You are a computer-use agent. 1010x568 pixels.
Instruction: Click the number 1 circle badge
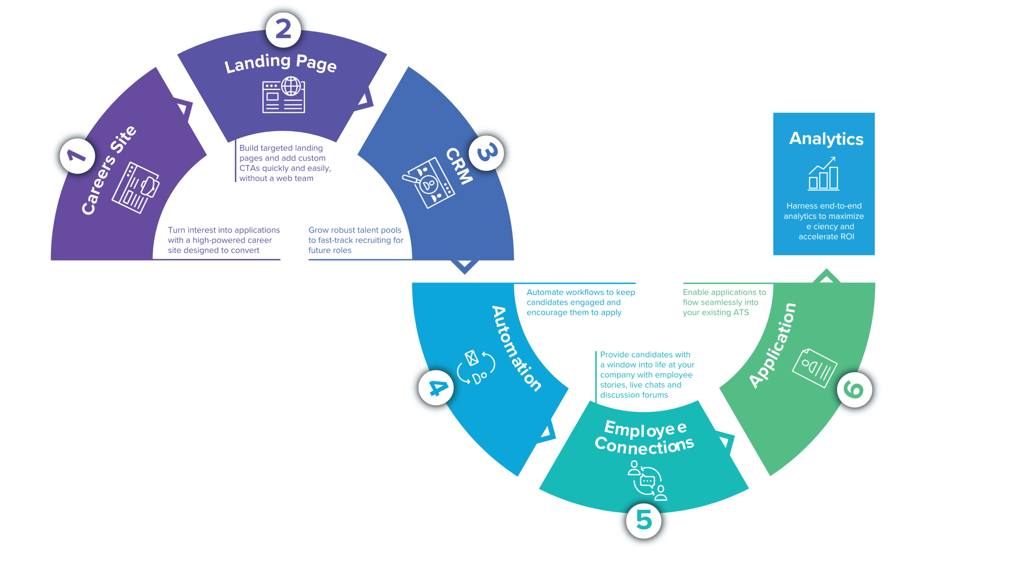pos(77,156)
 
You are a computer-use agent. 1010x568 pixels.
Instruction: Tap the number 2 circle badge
pos(283,30)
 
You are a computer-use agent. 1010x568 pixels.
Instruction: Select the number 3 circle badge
pos(487,153)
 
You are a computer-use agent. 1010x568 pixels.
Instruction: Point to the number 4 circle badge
pos(436,388)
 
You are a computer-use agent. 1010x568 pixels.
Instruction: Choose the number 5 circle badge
pos(644,520)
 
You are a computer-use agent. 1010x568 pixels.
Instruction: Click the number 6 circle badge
pos(854,390)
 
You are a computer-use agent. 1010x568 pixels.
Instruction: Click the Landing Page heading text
pos(281,63)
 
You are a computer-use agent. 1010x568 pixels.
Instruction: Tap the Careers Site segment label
pos(108,170)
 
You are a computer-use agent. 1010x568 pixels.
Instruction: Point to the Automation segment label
pos(517,348)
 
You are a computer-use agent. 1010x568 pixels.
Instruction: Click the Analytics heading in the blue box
pos(826,139)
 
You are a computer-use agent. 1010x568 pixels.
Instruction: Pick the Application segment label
pos(772,346)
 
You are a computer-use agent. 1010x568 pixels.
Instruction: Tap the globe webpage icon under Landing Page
pos(284,95)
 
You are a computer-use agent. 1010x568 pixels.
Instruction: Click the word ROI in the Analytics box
pos(847,237)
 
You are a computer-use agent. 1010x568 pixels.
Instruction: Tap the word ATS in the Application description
pos(741,313)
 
